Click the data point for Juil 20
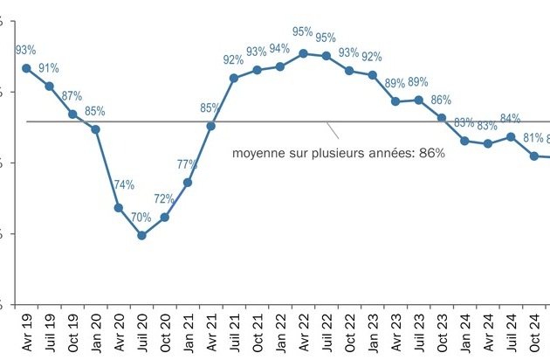coord(141,235)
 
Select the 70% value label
coord(141,218)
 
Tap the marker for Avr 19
coord(26,68)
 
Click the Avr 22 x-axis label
coord(303,333)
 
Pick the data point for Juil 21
coord(234,78)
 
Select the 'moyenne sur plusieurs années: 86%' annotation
coord(339,153)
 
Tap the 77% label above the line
coord(187,164)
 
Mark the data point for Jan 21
coord(188,183)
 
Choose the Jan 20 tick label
coord(95,333)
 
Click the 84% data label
coord(510,118)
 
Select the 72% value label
coord(164,199)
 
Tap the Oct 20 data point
coord(164,217)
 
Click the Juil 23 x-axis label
coord(419,333)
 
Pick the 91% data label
coord(49,68)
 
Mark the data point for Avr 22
coord(303,53)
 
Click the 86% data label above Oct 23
coord(441,100)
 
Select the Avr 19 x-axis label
coord(26,333)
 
